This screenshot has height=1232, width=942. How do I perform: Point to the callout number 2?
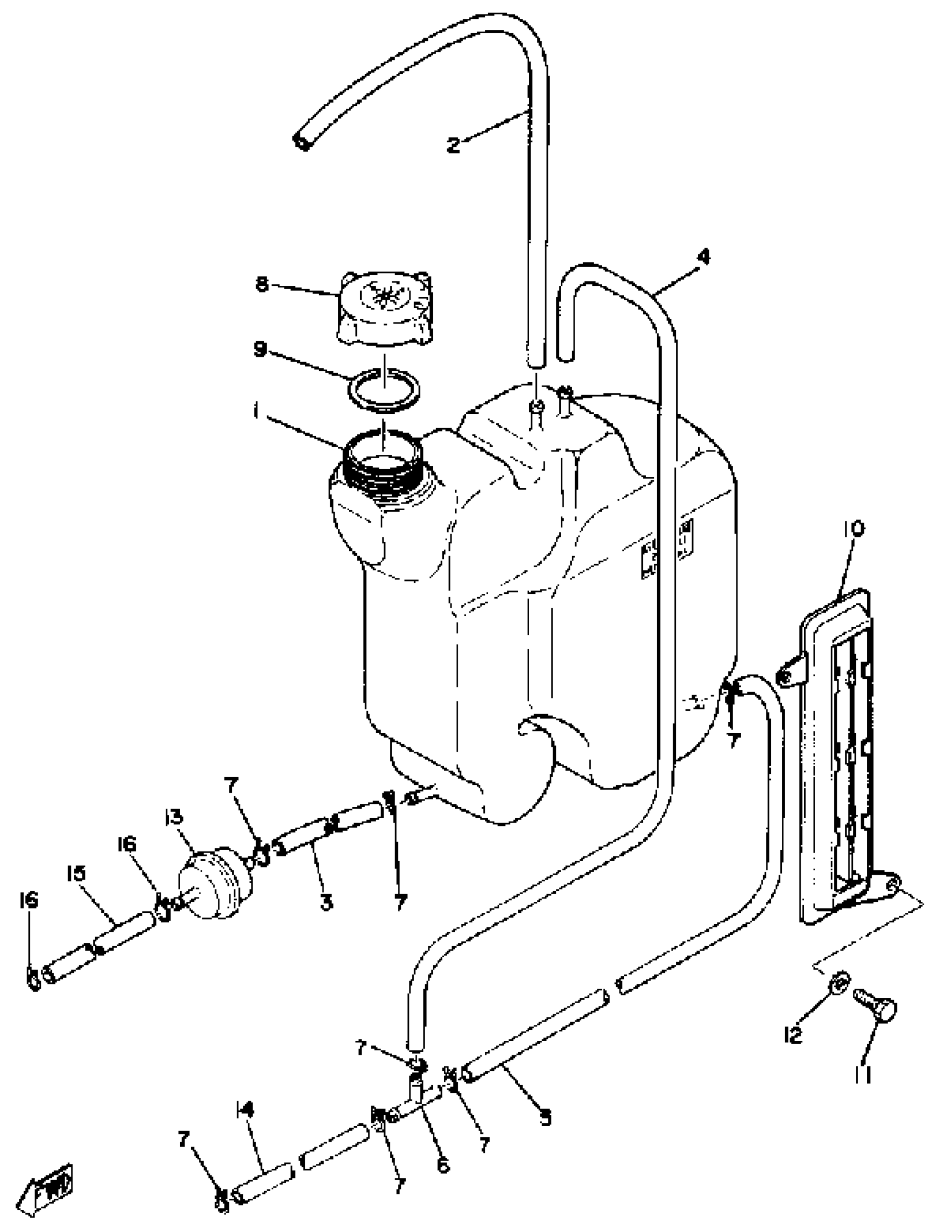[453, 146]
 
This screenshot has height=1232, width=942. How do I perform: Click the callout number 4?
[704, 258]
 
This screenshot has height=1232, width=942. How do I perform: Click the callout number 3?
[326, 902]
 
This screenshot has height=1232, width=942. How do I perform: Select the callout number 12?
[795, 1036]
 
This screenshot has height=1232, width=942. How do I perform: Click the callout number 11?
[863, 1073]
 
